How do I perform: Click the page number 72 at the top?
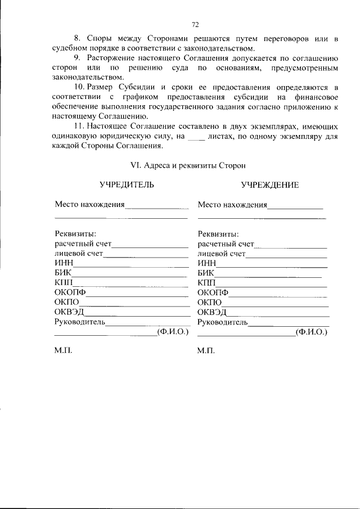point(195,25)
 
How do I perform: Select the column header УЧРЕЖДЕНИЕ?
point(269,184)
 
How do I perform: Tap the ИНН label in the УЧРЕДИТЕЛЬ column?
point(64,264)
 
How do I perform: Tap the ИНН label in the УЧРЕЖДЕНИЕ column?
point(207,264)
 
